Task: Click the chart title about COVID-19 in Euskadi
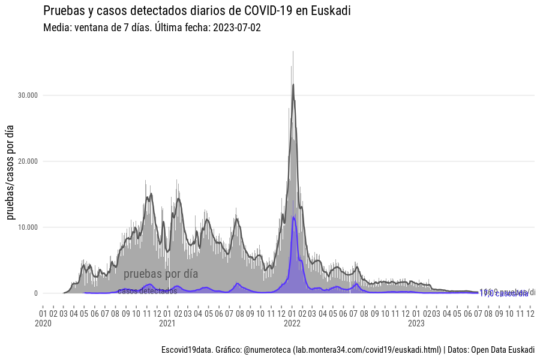click(197, 11)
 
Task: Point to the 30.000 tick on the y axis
click(28, 95)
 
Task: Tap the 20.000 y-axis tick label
click(28, 161)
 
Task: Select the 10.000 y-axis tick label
click(28, 227)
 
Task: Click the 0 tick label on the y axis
click(36, 293)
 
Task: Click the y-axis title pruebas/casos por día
click(10, 174)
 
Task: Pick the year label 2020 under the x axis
click(43, 323)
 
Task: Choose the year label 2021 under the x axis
click(167, 323)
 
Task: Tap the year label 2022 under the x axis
click(292, 323)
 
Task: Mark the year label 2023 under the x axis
click(416, 323)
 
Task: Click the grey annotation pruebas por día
click(160, 274)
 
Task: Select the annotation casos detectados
click(147, 291)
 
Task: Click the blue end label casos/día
click(504, 294)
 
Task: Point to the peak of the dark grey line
click(293, 85)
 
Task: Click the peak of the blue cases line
click(293, 217)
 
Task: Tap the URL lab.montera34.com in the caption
click(366, 350)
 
